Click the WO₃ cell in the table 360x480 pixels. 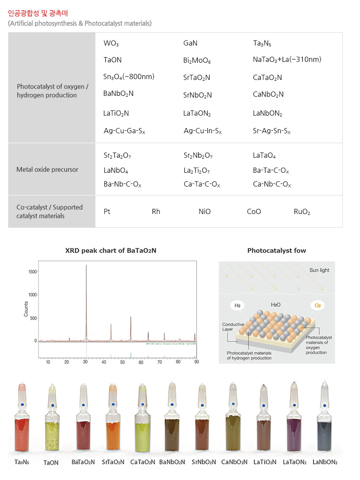click(111, 43)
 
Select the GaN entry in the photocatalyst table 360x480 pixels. click(190, 43)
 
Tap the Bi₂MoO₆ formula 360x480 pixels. click(197, 61)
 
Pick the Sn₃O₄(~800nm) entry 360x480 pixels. click(129, 77)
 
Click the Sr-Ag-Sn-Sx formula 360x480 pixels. click(271, 131)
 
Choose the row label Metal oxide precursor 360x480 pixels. click(47, 169)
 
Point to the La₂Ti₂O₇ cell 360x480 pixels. click(196, 171)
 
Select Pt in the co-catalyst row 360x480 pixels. click(107, 211)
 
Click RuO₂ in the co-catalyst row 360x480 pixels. click(302, 211)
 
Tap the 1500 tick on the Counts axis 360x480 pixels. click(32, 272)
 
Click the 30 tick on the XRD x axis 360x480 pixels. click(86, 362)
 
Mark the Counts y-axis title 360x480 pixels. click(26, 309)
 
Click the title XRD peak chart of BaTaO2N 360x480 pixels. click(111, 250)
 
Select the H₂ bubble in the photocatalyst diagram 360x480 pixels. click(237, 306)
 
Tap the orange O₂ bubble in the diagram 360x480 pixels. click(317, 306)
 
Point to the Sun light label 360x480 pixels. click(319, 270)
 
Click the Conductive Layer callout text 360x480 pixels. click(233, 327)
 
